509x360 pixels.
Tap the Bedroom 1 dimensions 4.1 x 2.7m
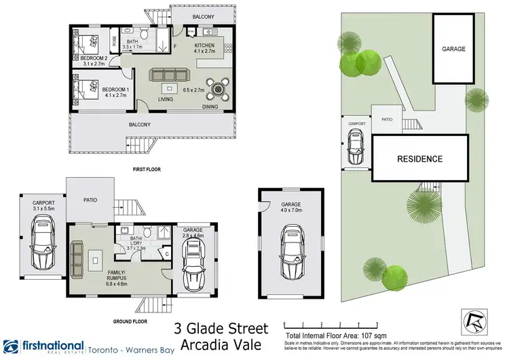(x=115, y=96)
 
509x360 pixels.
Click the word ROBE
(x=113, y=42)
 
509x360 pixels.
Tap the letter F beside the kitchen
(x=174, y=46)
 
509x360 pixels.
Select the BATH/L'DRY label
(x=136, y=242)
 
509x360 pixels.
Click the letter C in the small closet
(x=168, y=255)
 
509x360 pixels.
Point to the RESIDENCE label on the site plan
(x=420, y=159)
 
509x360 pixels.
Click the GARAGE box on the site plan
(x=452, y=50)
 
